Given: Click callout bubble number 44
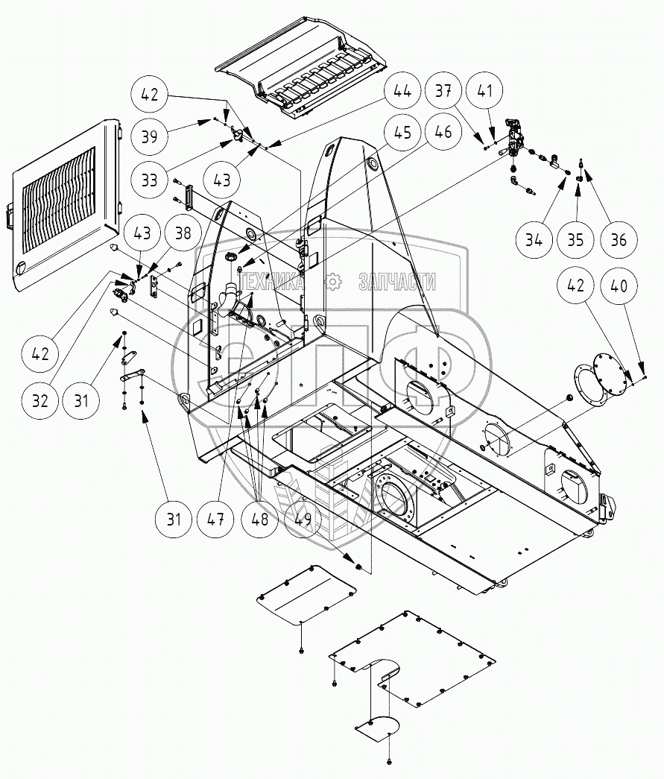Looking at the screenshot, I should [402, 92].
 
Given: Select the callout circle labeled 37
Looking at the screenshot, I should [444, 92].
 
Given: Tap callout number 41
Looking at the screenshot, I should [485, 92].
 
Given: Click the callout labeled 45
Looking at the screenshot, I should [402, 134].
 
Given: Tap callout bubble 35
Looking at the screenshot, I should [575, 240].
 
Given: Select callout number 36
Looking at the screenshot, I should [617, 240].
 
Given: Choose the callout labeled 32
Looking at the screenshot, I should [39, 400].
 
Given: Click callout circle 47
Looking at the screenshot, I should [216, 518].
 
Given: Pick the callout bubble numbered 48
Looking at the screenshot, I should [259, 518].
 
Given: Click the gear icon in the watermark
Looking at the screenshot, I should [333, 281].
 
